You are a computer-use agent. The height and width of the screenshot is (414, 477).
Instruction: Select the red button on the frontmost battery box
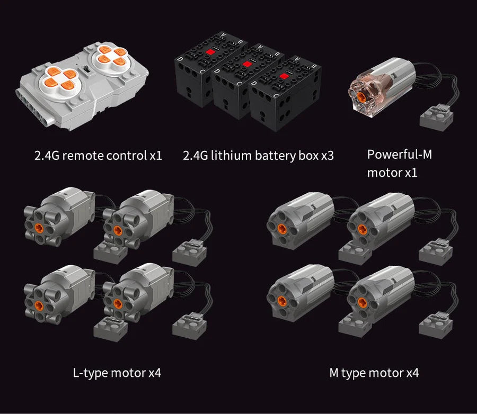[284, 76]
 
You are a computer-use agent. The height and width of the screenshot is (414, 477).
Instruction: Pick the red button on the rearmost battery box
[210, 52]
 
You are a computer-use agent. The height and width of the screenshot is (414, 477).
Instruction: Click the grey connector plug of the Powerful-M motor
[436, 118]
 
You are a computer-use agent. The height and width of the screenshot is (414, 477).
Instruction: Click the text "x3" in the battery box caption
[328, 156]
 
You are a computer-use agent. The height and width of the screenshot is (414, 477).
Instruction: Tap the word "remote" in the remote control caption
[83, 156]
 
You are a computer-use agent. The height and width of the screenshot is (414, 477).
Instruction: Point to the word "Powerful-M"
[400, 155]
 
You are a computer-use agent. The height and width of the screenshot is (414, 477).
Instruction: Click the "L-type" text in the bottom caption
[90, 373]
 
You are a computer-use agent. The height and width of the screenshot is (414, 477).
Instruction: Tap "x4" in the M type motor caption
[412, 373]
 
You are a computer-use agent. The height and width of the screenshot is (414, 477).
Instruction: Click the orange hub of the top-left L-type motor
[39, 228]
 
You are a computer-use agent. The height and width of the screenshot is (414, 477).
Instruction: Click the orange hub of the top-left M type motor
[282, 229]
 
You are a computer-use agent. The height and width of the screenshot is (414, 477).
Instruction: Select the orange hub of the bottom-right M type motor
[362, 302]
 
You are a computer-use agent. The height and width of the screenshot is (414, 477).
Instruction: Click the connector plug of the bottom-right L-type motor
[189, 326]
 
